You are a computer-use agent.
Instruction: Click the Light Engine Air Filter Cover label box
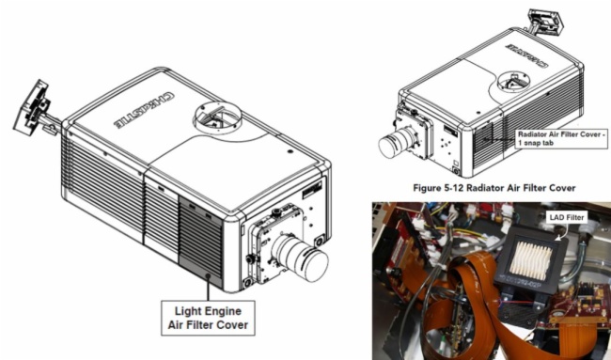point(208,318)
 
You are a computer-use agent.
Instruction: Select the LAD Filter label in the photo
point(567,217)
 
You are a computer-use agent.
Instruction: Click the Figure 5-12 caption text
point(494,188)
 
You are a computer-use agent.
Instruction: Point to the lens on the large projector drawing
point(300,258)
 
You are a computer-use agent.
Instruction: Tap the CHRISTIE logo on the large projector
point(144,110)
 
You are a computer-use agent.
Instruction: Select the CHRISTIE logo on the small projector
point(526,56)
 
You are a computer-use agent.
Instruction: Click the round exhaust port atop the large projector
point(217,117)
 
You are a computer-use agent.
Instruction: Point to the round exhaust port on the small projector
point(514,82)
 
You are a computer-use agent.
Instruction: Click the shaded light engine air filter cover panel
point(200,241)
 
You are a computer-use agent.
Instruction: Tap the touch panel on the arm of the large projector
point(31,107)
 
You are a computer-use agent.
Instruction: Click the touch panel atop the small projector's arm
point(545,21)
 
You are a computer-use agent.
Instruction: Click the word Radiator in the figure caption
point(483,187)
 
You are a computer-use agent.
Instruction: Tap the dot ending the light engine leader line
point(208,276)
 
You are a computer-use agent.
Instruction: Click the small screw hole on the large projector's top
point(290,150)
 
